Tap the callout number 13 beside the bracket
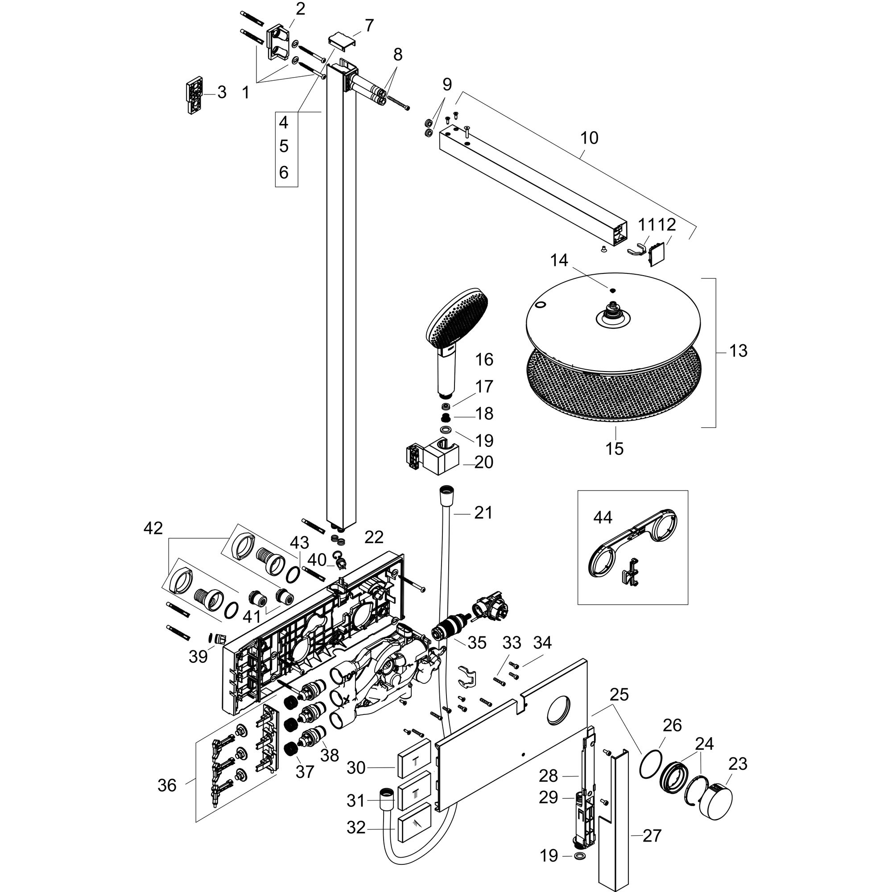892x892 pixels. (x=738, y=351)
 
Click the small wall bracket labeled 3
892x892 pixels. (x=195, y=95)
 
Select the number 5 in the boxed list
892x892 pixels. (x=284, y=146)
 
